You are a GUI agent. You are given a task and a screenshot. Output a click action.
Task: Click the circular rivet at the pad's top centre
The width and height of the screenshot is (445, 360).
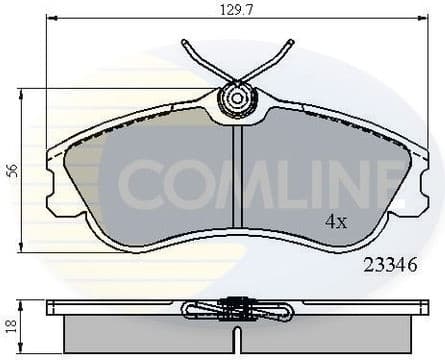(x=237, y=99)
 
